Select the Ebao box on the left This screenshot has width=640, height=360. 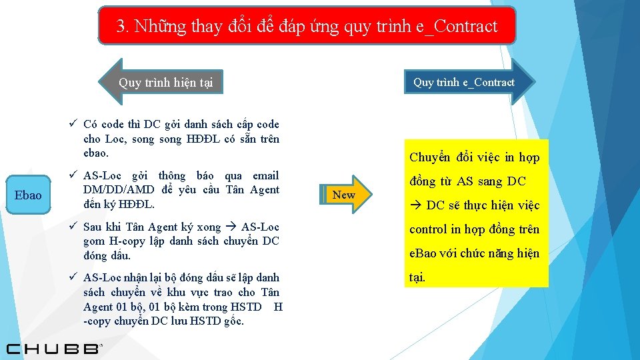(28, 195)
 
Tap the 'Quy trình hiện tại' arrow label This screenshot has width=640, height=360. (165, 83)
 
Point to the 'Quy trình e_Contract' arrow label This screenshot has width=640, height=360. (464, 82)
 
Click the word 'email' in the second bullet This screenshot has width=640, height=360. (265, 176)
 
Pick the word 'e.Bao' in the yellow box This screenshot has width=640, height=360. (423, 253)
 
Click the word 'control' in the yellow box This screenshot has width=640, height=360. (428, 229)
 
